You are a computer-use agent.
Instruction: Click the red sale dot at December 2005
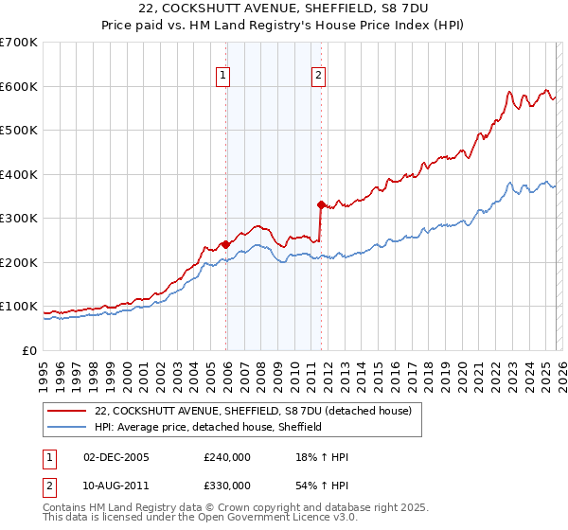click(x=226, y=244)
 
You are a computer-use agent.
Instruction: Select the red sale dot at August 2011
click(x=321, y=204)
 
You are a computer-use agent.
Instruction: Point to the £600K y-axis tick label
click(x=19, y=86)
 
